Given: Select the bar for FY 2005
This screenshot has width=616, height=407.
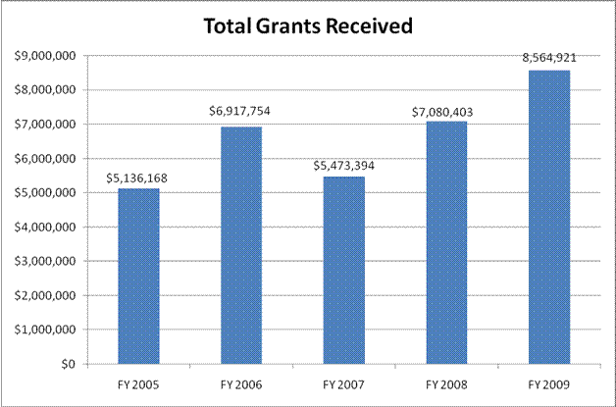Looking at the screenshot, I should (x=138, y=276).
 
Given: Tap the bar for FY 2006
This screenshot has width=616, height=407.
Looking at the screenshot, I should (x=240, y=245).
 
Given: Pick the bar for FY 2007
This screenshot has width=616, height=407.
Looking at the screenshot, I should (x=343, y=270).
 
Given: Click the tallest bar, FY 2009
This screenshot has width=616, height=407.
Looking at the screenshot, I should (x=548, y=217).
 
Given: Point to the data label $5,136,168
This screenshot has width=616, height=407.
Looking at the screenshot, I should (x=138, y=178).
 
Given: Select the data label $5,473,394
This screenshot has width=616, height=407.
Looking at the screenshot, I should (x=343, y=165).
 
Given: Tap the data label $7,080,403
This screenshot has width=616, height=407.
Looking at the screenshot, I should (x=442, y=112).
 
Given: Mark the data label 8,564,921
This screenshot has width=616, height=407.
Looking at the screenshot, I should (x=548, y=58).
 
